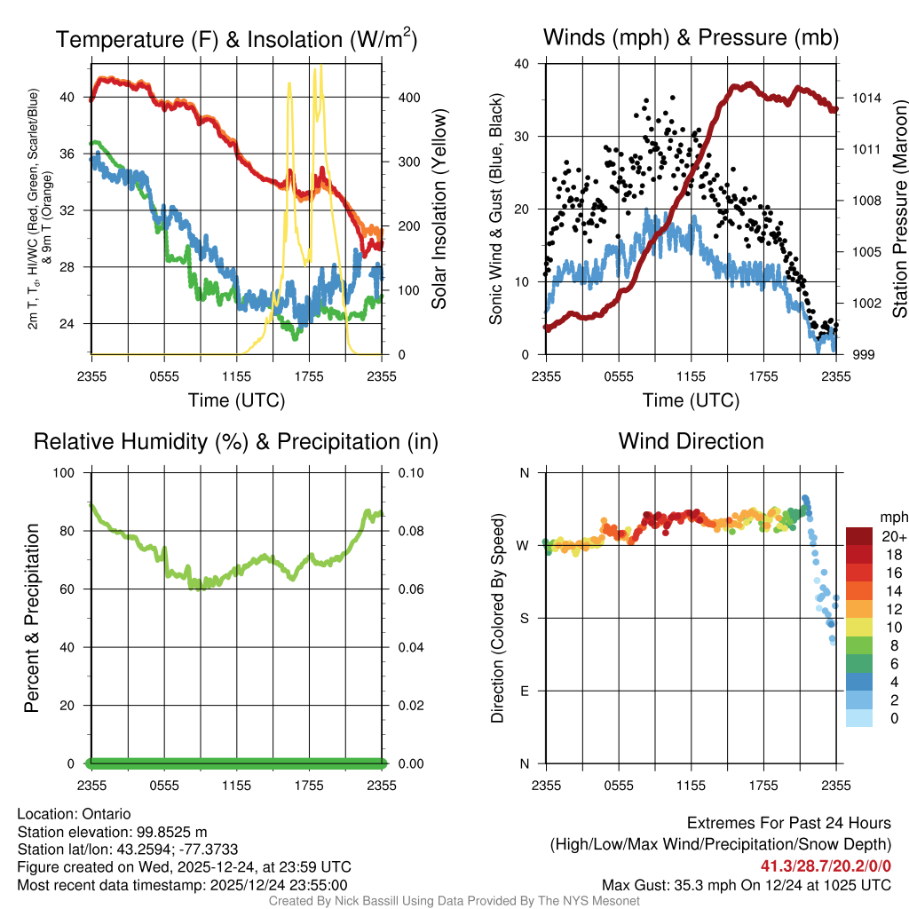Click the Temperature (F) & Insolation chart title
pos(236,40)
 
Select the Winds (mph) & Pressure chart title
pos(691,37)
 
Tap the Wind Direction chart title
pos(691,441)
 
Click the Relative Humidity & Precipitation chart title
pos(236,441)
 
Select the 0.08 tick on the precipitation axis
pos(407,531)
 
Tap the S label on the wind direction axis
pos(525,618)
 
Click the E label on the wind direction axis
pos(525,691)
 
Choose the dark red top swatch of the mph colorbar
pos(859,536)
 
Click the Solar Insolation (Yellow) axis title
pos(439,209)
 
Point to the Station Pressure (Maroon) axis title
pos(898,209)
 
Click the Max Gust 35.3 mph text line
pos(746,885)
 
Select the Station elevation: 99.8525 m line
pos(112,832)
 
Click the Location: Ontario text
pos(74,814)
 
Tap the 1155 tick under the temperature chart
pos(236,376)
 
